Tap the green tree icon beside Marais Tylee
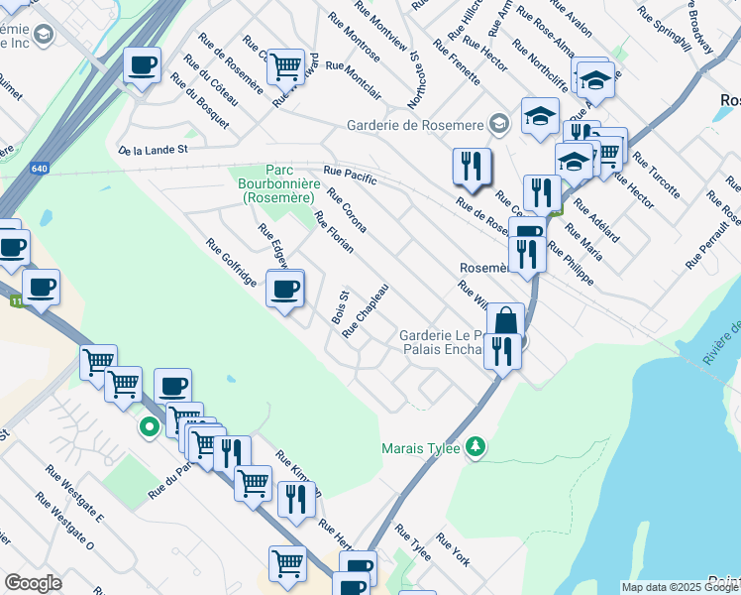(x=476, y=447)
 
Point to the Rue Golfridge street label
(x=231, y=264)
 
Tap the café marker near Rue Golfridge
(x=285, y=290)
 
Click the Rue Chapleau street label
(x=365, y=310)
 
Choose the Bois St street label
(x=341, y=307)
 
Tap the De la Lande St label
(x=153, y=151)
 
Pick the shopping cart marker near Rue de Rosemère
(x=285, y=67)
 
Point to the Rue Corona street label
(x=347, y=211)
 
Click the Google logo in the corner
(x=33, y=583)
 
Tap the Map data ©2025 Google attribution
(x=681, y=587)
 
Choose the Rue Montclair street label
(x=354, y=79)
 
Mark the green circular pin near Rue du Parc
(x=150, y=428)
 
